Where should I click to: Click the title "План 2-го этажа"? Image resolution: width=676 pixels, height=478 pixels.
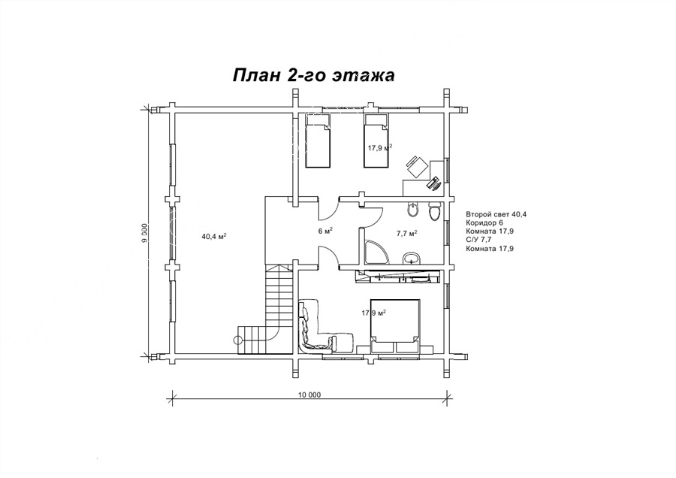tap(313, 74)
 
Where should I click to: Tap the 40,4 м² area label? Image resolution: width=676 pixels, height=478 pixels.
tap(214, 236)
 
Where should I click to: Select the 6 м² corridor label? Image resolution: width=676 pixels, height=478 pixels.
tap(325, 231)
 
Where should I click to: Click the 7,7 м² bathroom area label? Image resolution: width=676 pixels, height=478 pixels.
tap(406, 234)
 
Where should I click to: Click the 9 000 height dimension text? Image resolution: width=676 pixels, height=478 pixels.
tap(145, 234)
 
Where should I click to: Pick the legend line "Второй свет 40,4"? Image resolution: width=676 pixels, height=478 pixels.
tap(496, 214)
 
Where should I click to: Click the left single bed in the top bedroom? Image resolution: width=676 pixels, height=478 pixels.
tap(318, 141)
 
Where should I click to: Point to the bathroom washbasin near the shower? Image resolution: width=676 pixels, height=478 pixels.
tap(412, 258)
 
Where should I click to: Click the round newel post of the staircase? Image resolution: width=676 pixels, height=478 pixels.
tap(237, 340)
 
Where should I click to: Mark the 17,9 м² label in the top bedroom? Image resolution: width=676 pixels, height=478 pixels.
tap(379, 147)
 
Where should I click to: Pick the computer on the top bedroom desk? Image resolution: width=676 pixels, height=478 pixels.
tap(433, 183)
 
